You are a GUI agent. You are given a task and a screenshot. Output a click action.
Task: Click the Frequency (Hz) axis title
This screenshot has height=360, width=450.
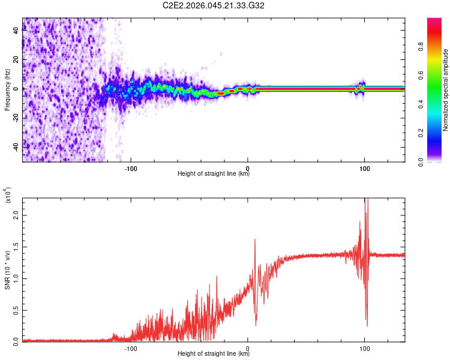click(7, 90)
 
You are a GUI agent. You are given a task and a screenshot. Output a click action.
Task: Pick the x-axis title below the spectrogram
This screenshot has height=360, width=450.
click(214, 174)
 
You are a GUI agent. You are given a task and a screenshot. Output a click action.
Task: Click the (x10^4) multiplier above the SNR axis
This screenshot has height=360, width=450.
click(7, 195)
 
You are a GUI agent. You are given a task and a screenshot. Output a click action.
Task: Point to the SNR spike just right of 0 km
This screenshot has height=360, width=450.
click(255, 240)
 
